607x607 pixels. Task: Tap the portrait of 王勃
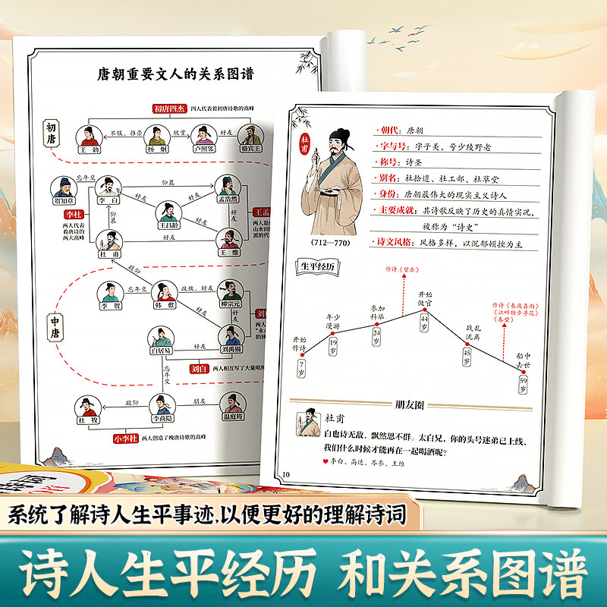click(x=88, y=134)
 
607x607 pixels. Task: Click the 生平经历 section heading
click(x=315, y=266)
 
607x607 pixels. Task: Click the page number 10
click(x=286, y=476)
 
